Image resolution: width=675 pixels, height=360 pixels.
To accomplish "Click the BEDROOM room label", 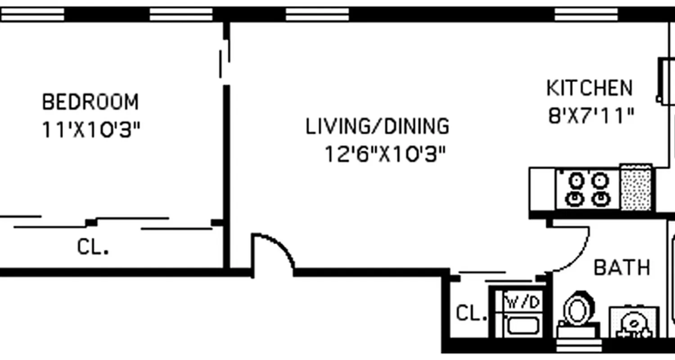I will pyautogui.click(x=90, y=102).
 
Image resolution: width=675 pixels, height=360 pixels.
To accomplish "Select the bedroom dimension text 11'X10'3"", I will pyautogui.click(x=91, y=130).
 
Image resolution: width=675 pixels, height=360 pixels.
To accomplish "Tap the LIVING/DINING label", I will pyautogui.click(x=377, y=126).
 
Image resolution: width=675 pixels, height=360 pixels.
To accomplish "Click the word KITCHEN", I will pyautogui.click(x=589, y=88).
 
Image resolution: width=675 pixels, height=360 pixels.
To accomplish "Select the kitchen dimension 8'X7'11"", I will pyautogui.click(x=591, y=116).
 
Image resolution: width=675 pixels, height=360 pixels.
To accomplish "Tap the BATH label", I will pyautogui.click(x=622, y=267).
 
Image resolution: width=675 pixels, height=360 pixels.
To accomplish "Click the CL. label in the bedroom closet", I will pyautogui.click(x=93, y=247).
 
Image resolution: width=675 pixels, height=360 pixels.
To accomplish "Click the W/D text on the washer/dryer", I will pyautogui.click(x=522, y=302).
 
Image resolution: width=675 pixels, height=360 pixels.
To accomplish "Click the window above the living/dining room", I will pyautogui.click(x=317, y=15).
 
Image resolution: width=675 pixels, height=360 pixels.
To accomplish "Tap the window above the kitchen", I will pyautogui.click(x=586, y=15).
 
